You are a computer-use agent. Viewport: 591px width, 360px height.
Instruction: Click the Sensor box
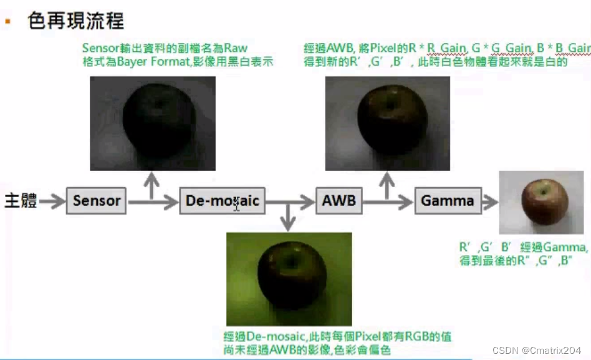[96, 201]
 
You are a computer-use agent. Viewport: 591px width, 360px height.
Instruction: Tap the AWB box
[339, 201]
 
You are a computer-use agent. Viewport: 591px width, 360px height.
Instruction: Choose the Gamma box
[448, 201]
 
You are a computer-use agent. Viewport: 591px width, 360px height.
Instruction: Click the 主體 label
[21, 201]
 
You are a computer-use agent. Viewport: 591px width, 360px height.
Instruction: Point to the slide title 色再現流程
[76, 21]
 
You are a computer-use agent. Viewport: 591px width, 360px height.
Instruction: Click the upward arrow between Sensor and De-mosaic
[150, 185]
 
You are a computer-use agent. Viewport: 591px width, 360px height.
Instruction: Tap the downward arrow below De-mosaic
[287, 218]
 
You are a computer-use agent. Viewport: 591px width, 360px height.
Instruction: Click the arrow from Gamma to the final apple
[490, 201]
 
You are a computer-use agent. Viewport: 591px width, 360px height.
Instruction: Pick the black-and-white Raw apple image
[153, 123]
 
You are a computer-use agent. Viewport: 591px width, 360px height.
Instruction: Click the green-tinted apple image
[289, 279]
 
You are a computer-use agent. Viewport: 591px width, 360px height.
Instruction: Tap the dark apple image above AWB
[387, 123]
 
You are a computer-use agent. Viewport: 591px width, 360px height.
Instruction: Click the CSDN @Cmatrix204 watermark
[536, 351]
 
